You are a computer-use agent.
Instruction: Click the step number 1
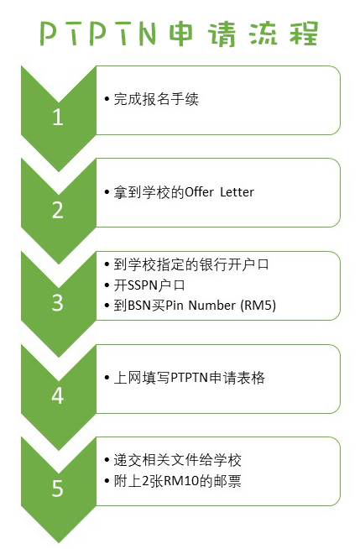(x=58, y=117)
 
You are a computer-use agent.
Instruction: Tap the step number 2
(x=58, y=210)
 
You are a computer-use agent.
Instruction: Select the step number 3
(x=58, y=303)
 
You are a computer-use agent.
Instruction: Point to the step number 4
(x=58, y=395)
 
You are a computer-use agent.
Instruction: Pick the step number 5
(x=58, y=489)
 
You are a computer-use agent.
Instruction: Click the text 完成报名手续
(x=156, y=99)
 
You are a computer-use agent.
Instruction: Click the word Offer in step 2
(x=199, y=192)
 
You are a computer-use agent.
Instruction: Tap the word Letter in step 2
(x=237, y=192)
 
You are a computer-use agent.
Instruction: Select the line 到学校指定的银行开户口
(x=191, y=264)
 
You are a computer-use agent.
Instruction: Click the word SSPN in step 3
(x=142, y=285)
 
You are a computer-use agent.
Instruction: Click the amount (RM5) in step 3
(x=258, y=306)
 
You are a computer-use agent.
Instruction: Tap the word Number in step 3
(x=212, y=306)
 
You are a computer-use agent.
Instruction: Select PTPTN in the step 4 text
(x=190, y=378)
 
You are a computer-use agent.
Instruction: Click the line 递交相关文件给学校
(x=177, y=460)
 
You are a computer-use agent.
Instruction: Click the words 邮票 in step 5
(x=227, y=481)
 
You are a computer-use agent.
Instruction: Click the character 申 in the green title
(x=181, y=34)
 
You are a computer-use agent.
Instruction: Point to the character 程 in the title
(x=303, y=34)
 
